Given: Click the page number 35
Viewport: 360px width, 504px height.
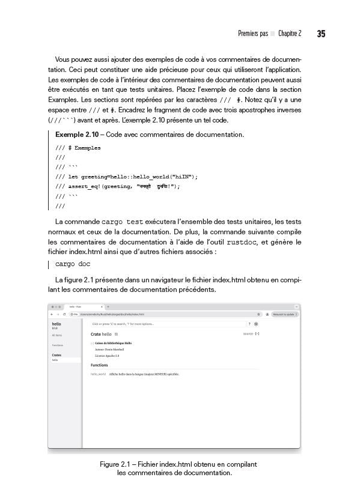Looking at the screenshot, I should click(321, 34).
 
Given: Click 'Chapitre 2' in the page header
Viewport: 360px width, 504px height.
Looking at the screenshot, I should click(290, 34).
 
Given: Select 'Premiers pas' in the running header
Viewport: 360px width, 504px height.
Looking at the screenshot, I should click(252, 34).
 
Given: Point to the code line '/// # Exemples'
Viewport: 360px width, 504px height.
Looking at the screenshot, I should click(78, 148).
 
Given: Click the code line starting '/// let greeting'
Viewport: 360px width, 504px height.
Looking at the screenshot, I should click(126, 177).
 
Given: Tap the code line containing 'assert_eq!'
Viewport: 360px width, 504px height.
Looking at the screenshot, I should click(117, 186).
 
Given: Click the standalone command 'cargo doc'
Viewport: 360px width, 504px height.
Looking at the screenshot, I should click(73, 264).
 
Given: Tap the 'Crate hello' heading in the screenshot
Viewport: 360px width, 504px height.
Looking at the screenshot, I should click(101, 333).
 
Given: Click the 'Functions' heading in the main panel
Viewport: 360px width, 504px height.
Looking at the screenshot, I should click(99, 365).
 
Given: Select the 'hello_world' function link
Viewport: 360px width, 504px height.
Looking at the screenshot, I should click(98, 374).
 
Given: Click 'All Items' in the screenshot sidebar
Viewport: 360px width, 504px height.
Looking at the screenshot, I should click(57, 335).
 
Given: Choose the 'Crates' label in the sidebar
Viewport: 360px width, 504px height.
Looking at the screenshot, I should click(56, 355).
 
